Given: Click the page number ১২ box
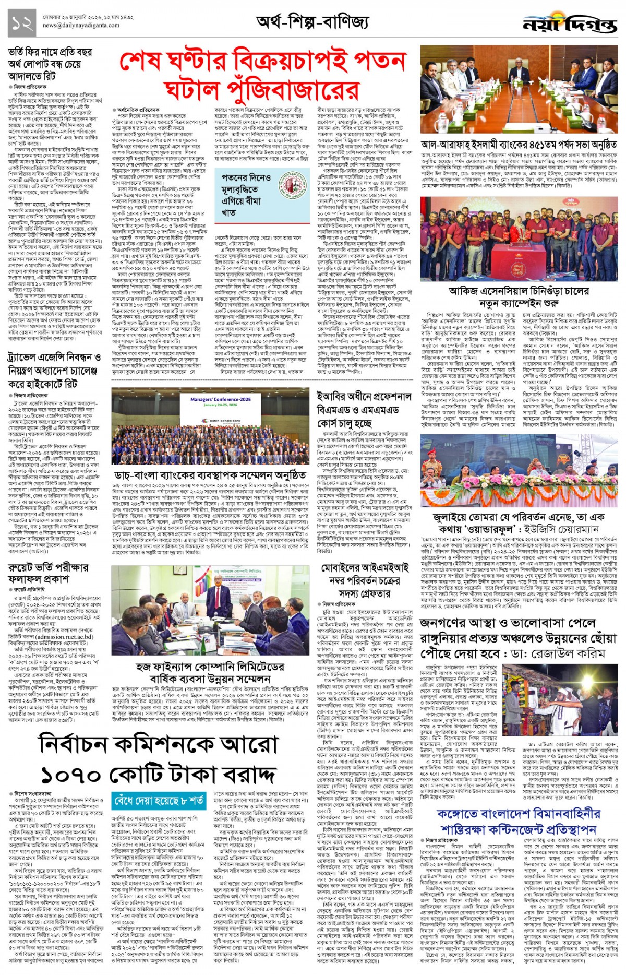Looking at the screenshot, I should point(21,23).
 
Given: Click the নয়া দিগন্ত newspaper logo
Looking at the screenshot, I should point(570,25).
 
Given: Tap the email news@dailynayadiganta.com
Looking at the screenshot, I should point(81,25).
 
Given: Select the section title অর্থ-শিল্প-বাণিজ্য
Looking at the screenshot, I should point(312,22).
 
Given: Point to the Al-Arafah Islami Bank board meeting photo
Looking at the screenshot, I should point(519,90).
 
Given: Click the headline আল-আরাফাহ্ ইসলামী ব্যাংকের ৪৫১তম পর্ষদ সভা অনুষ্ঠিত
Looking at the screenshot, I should point(519,145).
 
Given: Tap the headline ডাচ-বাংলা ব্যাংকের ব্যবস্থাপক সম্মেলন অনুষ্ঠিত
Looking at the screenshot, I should point(210,475).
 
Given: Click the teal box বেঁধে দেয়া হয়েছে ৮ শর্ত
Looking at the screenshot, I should point(159,801).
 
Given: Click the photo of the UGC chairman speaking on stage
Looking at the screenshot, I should point(519,476).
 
